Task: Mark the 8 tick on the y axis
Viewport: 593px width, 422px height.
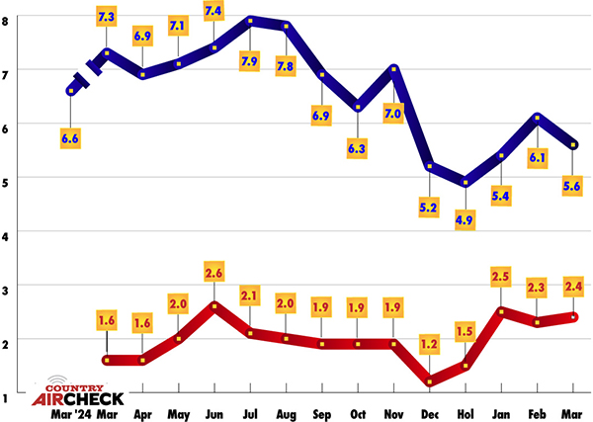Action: [x=9, y=17]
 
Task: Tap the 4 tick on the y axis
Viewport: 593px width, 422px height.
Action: [x=9, y=235]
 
